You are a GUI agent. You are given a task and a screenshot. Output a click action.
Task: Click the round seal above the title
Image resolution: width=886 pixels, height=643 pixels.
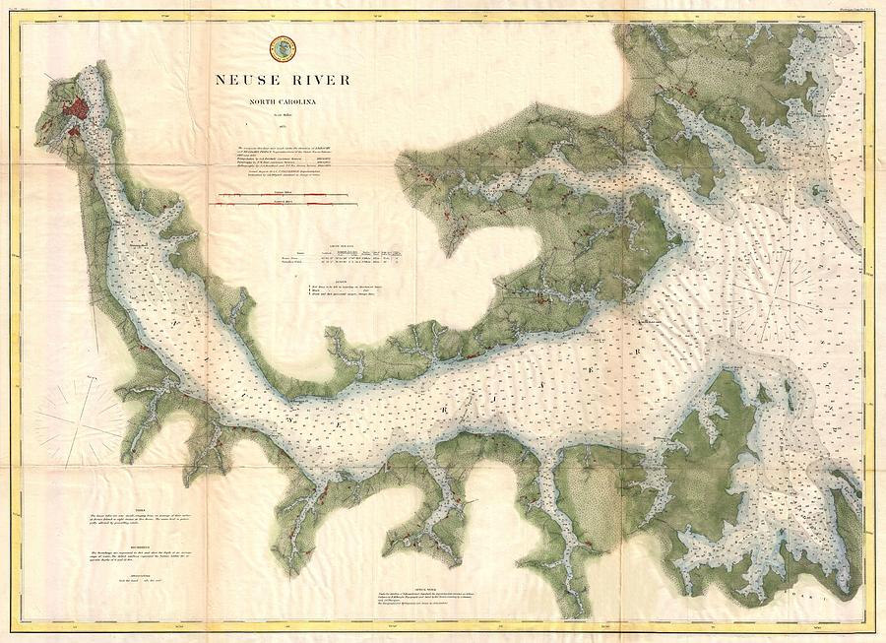click(281, 45)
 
